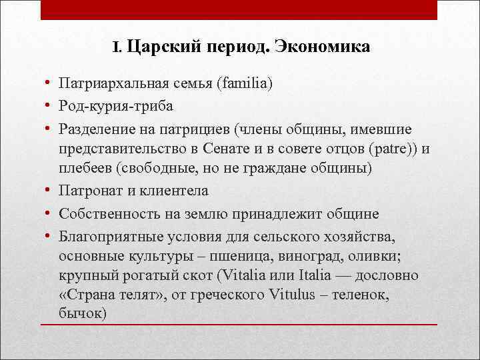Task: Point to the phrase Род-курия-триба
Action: click(x=116, y=106)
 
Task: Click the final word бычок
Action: click(x=81, y=313)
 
